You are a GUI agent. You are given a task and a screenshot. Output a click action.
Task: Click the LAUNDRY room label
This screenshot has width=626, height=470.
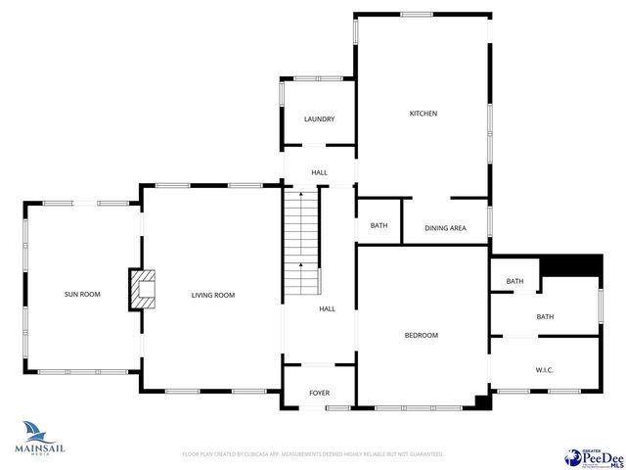(319, 119)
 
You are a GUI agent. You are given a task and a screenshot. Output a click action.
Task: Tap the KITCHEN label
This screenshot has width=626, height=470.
(423, 114)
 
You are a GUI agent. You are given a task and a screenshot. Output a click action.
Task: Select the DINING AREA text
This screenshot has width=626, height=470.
(445, 228)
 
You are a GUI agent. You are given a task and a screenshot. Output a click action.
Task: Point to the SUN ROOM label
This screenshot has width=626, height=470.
(82, 295)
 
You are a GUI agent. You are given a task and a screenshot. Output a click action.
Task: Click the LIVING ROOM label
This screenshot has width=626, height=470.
(212, 295)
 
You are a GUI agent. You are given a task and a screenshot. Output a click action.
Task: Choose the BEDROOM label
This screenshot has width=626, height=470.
(422, 335)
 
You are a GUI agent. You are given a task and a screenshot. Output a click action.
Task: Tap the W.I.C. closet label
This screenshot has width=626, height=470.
(545, 369)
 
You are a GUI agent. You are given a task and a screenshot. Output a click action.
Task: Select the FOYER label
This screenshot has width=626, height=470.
(319, 393)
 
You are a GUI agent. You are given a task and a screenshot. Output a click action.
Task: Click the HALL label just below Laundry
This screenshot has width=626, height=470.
(319, 172)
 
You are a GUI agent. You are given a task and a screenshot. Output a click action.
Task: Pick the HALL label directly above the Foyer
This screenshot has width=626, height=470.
(327, 308)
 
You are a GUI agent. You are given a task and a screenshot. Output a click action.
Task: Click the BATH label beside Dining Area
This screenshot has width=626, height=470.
(379, 226)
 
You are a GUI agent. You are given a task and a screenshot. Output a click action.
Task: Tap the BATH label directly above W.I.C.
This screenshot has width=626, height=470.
(545, 316)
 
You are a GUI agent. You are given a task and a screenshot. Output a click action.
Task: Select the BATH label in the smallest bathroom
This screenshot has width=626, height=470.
(514, 282)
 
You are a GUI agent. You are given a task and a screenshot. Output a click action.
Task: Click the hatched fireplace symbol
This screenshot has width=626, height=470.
(144, 290)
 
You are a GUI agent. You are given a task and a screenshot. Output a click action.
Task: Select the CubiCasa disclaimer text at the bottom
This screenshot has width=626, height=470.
(313, 454)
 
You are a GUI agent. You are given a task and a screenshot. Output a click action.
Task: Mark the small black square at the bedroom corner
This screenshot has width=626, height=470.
(481, 400)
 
